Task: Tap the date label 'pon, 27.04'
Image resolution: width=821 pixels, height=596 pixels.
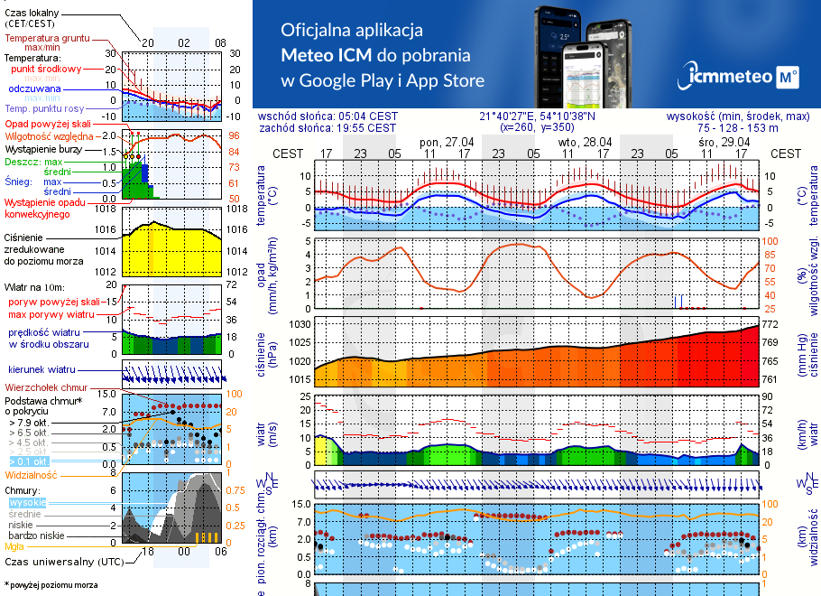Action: click(447, 142)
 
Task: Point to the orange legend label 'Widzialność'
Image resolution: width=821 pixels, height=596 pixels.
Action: click(32, 474)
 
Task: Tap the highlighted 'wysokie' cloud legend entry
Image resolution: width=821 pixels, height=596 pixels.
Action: click(27, 502)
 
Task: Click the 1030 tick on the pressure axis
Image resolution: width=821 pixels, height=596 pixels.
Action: click(299, 323)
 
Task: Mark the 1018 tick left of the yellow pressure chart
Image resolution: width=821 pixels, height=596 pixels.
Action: click(107, 209)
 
